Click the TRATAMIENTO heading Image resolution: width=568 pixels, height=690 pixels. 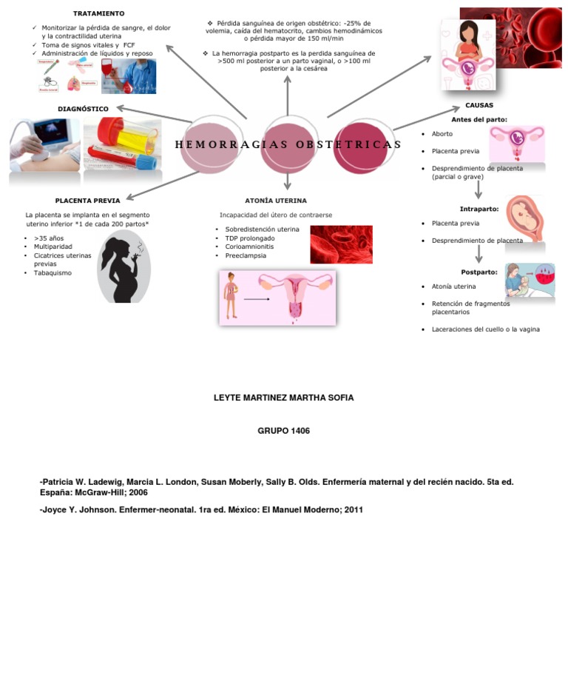(x=98, y=13)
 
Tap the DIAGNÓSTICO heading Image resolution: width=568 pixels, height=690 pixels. (x=83, y=109)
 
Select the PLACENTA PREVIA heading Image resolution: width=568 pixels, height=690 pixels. (x=87, y=201)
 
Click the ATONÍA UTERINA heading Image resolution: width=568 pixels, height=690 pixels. (x=275, y=201)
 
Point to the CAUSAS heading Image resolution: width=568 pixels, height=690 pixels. (x=479, y=105)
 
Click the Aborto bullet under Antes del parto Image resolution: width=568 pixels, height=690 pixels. (x=442, y=134)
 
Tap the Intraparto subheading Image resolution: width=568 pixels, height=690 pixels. (x=479, y=209)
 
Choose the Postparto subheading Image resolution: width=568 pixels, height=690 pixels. (x=479, y=272)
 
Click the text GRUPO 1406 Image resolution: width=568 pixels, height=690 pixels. (x=283, y=431)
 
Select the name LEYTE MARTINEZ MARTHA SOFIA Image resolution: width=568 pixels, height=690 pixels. (x=283, y=398)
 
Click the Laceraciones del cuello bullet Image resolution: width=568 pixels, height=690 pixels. (x=485, y=329)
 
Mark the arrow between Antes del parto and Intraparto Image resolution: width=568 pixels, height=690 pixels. (x=479, y=190)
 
